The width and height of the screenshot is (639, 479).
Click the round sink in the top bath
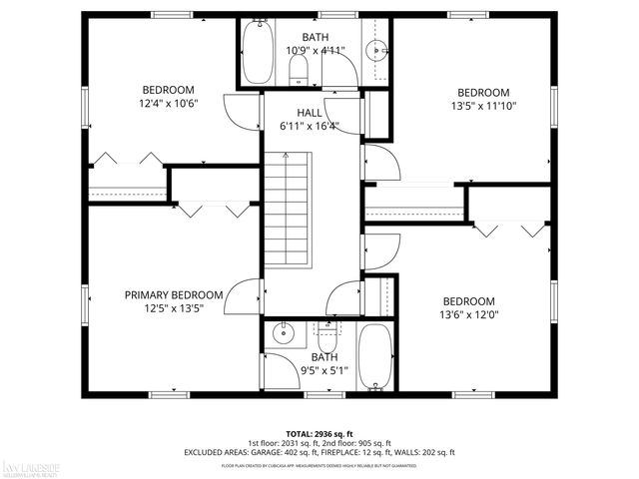(377, 50)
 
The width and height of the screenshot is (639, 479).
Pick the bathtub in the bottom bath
(375, 355)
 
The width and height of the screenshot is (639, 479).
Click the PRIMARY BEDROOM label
(174, 295)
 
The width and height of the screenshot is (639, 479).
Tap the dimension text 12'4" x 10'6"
(167, 104)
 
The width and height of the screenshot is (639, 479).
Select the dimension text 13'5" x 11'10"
(483, 106)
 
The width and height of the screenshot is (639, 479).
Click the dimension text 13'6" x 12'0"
(469, 315)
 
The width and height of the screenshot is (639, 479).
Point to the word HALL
(309, 113)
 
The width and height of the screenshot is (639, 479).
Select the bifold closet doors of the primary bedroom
(214, 209)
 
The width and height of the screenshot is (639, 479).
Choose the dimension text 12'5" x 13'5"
(174, 309)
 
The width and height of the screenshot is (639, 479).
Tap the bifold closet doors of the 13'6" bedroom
(510, 229)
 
